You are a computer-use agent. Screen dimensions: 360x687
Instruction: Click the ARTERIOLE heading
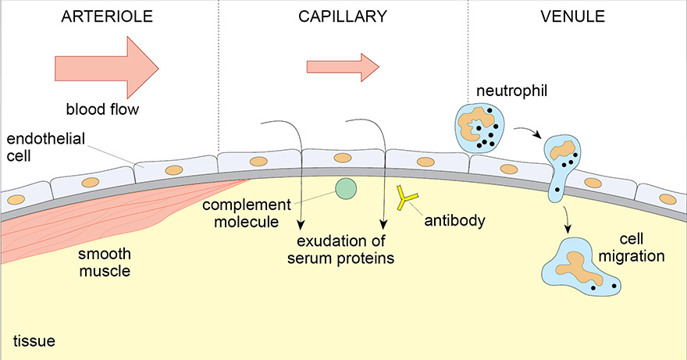(x=106, y=16)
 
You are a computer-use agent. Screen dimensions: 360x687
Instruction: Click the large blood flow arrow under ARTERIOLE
(x=106, y=62)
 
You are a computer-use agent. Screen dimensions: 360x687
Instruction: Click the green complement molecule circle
(x=345, y=188)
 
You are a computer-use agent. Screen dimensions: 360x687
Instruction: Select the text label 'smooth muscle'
(x=103, y=263)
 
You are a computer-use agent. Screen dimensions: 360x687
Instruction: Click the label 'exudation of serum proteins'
(x=344, y=250)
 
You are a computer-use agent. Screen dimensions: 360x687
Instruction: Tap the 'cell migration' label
(x=636, y=248)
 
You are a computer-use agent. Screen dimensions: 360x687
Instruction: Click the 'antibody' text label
(x=454, y=221)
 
